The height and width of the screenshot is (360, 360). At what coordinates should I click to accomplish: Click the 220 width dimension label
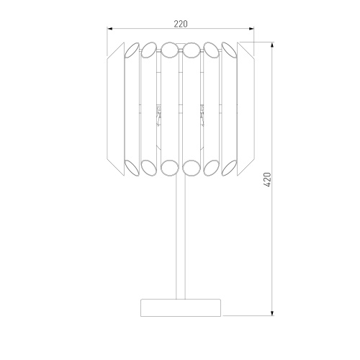(x=181, y=24)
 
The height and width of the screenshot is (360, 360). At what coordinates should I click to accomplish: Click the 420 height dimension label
(x=267, y=179)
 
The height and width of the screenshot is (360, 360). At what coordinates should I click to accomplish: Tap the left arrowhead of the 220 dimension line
(x=109, y=29)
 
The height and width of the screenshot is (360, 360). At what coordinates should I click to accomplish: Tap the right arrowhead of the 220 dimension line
(x=251, y=29)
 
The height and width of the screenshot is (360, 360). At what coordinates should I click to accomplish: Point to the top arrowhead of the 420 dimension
(x=272, y=45)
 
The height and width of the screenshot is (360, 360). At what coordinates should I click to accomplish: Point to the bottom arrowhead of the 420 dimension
(x=272, y=313)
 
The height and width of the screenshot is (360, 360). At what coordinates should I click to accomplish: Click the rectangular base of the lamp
(x=181, y=307)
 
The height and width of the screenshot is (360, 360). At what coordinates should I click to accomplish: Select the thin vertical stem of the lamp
(x=181, y=238)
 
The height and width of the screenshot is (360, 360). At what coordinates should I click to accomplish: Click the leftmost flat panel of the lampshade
(x=115, y=109)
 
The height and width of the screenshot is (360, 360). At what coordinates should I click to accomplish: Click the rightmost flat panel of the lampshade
(x=246, y=109)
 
